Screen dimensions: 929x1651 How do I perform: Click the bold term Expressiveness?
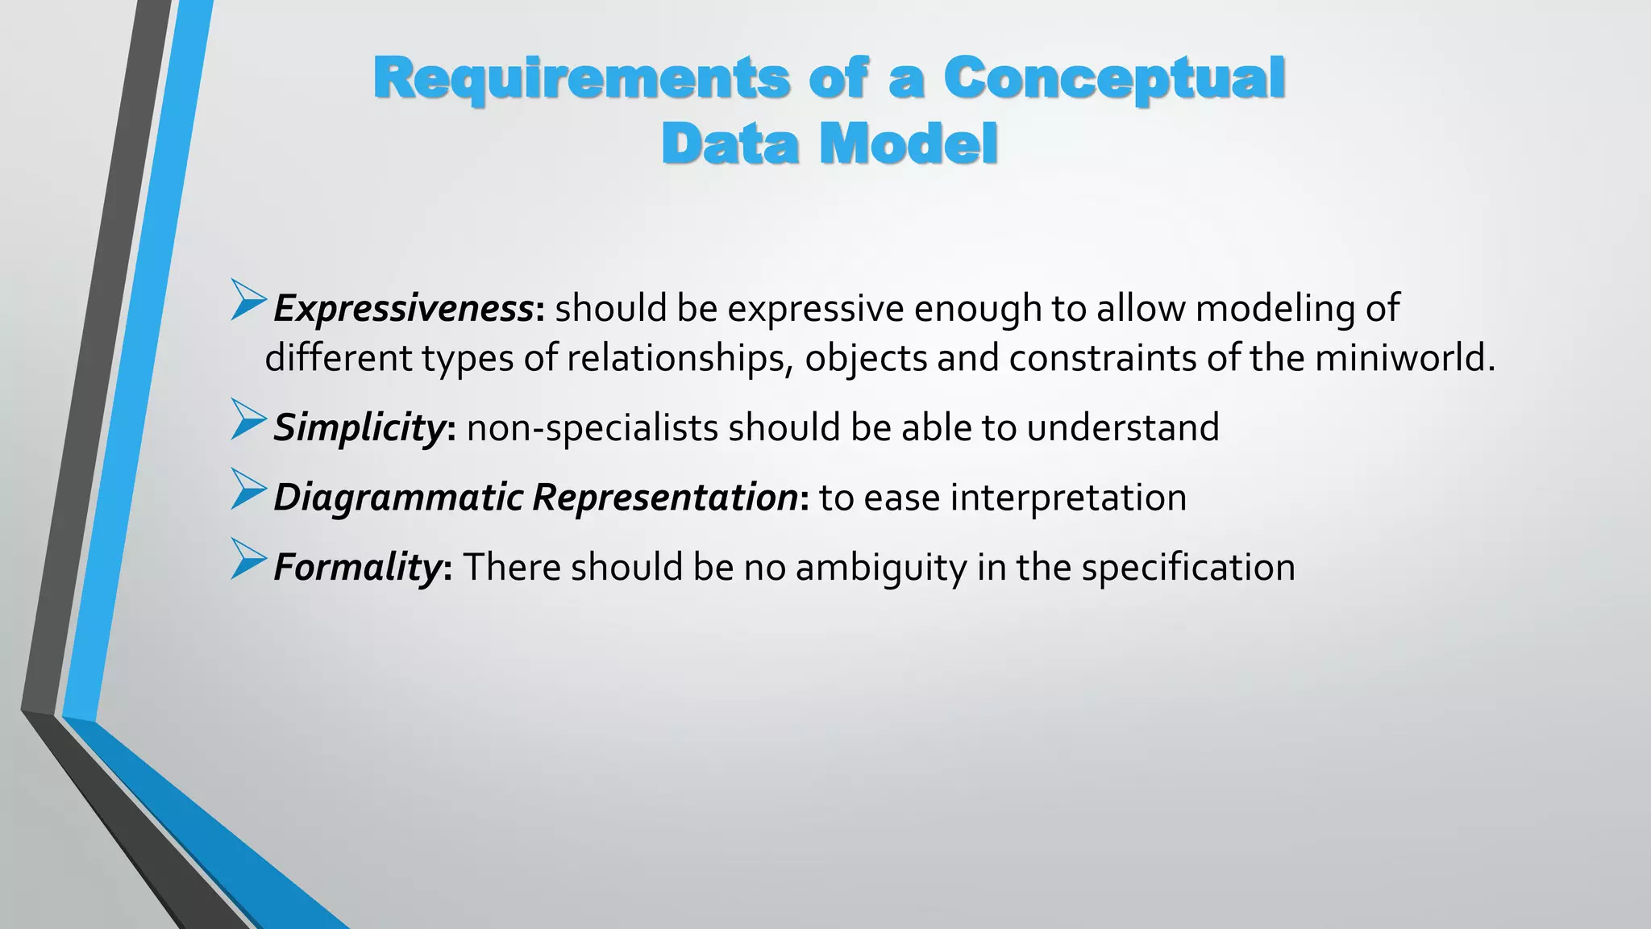[x=403, y=308]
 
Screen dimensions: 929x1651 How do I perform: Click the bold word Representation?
[x=665, y=497]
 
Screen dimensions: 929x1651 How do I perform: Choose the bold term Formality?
[x=356, y=567]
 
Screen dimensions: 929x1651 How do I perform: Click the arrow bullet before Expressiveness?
[x=247, y=300]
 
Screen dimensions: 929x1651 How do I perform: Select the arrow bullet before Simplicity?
[x=247, y=419]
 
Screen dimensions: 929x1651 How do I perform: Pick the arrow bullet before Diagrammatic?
[x=247, y=489]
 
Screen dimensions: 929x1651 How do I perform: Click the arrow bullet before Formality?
[x=247, y=559]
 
